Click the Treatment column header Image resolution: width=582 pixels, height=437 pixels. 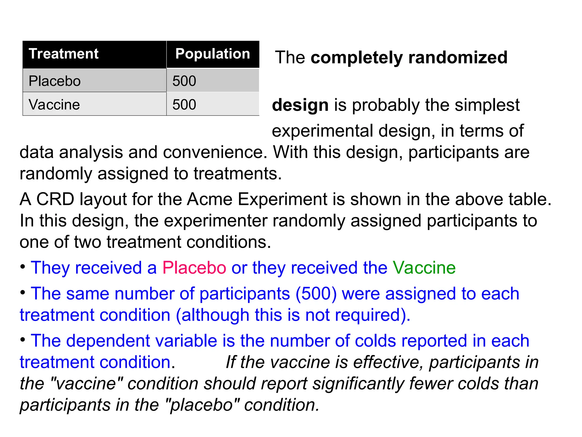coord(63,54)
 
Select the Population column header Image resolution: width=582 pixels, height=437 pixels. coord(213,54)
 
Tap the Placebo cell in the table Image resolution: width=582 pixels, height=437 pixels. coord(55,81)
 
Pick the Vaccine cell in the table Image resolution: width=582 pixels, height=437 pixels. coord(54,105)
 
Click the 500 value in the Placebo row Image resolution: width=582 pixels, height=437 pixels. coord(184,81)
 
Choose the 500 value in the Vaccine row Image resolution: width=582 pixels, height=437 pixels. coord(184,105)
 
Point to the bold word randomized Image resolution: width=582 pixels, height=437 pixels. coord(458,57)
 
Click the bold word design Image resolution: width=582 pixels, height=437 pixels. coord(300,105)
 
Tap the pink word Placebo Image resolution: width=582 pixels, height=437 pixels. coord(194,268)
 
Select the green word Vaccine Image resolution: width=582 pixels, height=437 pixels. coord(424,268)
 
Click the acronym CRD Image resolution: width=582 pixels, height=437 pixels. coord(55,199)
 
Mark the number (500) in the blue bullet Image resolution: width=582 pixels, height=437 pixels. coord(316,294)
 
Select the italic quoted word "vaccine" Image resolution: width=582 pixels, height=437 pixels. coord(85,384)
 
